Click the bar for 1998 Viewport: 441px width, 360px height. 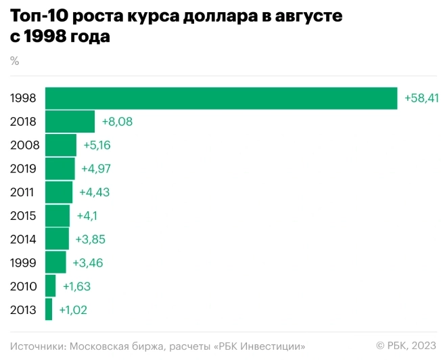point(220,98)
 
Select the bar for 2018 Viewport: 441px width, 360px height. point(70,122)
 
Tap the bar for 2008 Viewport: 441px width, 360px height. point(60,145)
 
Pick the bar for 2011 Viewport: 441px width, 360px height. point(58,192)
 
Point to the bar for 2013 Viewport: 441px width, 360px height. point(49,310)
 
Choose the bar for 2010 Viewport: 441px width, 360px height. point(50,286)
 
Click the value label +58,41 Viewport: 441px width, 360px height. point(421,98)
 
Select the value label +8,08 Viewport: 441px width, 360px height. point(117,122)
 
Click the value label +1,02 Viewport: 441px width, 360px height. point(73,310)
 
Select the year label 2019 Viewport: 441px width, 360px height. point(24,168)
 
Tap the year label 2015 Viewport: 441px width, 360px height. point(24,216)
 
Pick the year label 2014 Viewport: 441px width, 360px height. point(24,239)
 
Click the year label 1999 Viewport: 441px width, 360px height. point(24,263)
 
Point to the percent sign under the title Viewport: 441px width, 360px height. point(15,61)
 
